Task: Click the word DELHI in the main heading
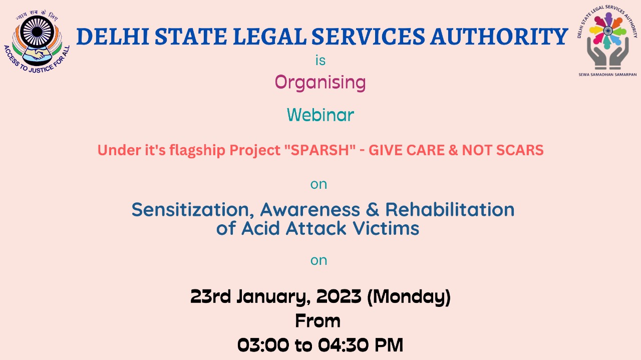(x=113, y=37)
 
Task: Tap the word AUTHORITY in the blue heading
(x=499, y=37)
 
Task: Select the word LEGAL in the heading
(x=270, y=37)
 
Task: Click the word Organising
(x=320, y=83)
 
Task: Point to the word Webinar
(x=320, y=115)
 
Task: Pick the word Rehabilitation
(x=450, y=209)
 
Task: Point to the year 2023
(x=339, y=296)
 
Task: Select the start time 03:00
(x=263, y=345)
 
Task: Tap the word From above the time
(x=318, y=321)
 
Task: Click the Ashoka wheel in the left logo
(x=37, y=32)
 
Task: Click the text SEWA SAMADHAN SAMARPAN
(x=607, y=75)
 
